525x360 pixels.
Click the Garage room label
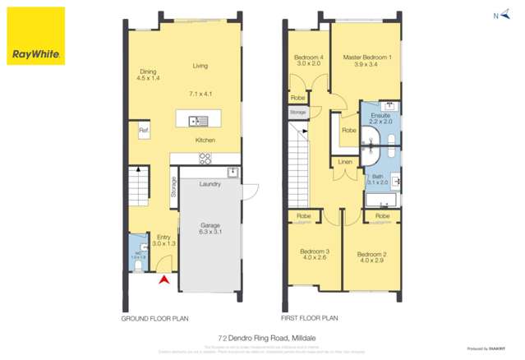pos(212,228)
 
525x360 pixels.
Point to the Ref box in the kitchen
pos(142,131)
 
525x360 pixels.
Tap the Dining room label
pos(148,75)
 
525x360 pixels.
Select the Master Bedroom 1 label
pos(366,58)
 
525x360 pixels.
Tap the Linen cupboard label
pos(344,162)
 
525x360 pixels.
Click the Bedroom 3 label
pos(315,254)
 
